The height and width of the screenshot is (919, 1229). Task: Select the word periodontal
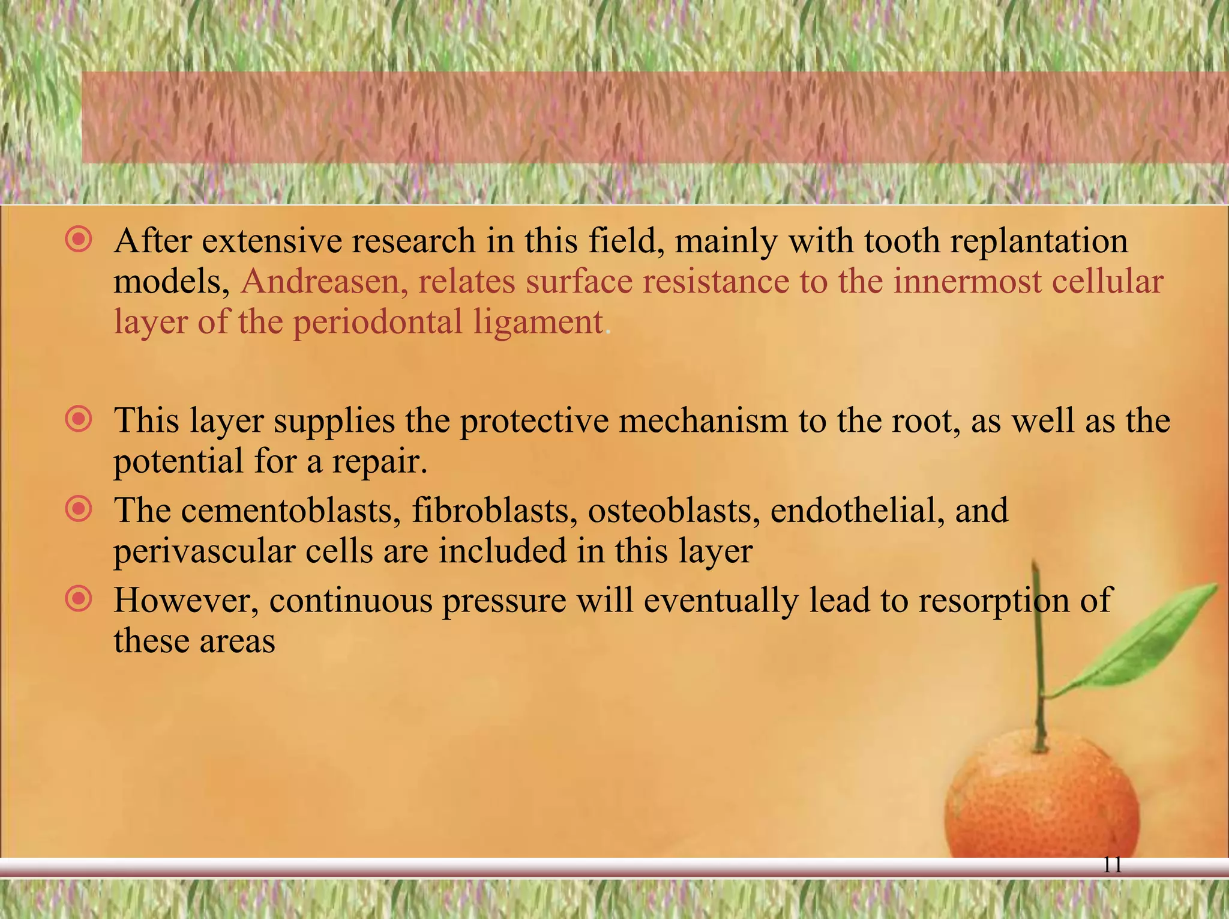377,323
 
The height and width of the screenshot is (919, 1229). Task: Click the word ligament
538,323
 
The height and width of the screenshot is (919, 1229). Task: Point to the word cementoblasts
291,511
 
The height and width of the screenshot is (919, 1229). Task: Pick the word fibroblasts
494,511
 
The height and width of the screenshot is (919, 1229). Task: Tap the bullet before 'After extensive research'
79,240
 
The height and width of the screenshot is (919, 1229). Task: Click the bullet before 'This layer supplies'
79,419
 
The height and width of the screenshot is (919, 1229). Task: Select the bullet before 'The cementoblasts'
79,509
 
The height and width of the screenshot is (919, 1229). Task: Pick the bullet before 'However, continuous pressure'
79,599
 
